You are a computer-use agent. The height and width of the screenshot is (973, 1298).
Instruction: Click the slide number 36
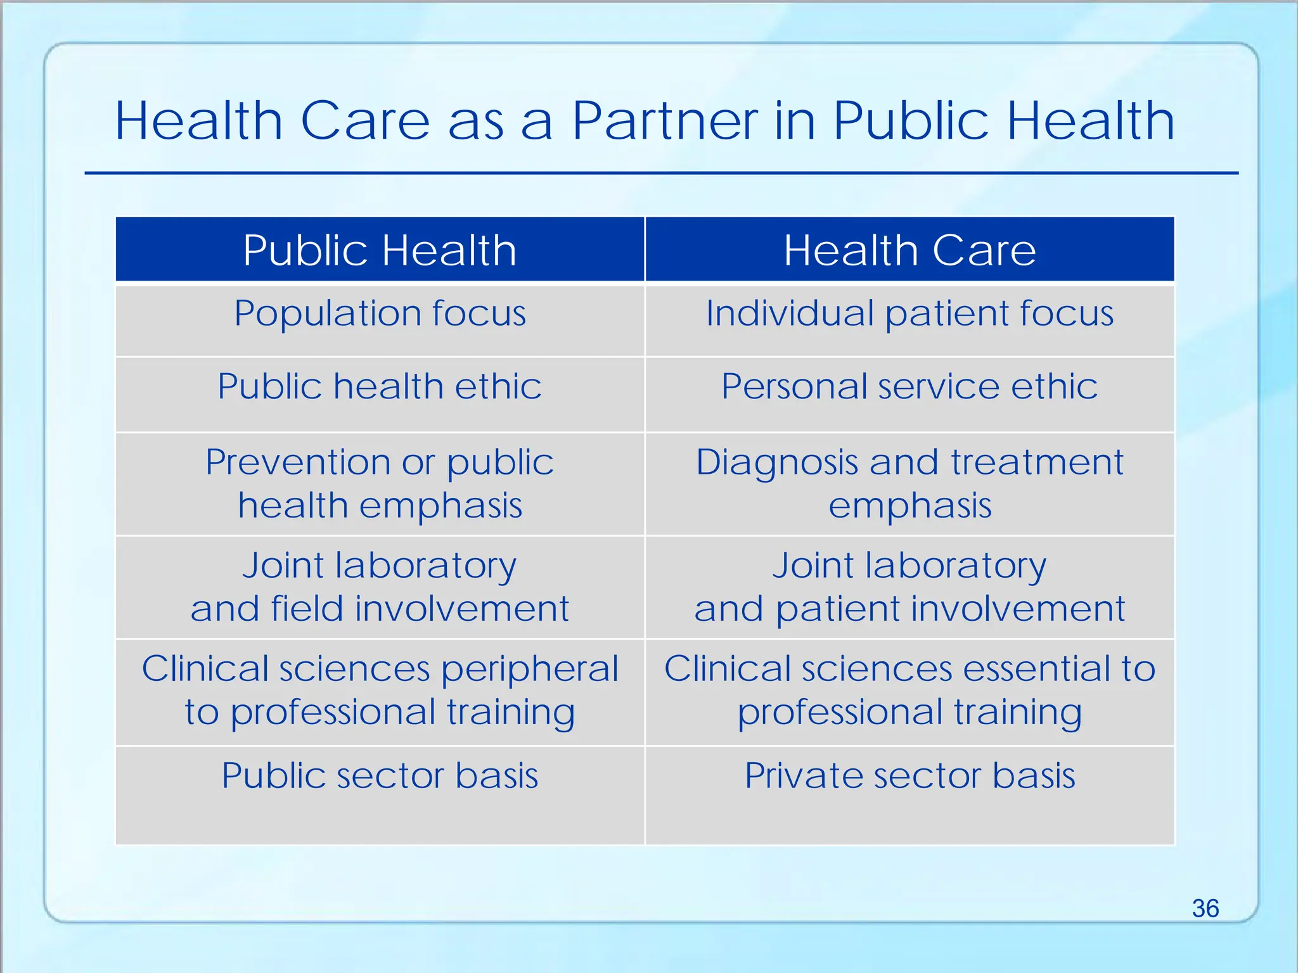pos(1205,908)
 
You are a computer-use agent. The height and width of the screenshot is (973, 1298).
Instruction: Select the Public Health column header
pos(380,250)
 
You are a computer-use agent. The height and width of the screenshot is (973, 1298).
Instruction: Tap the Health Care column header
pos(909,250)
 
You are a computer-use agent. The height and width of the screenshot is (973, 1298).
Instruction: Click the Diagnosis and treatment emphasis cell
pos(909,483)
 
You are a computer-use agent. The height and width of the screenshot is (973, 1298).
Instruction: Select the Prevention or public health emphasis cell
pos(380,483)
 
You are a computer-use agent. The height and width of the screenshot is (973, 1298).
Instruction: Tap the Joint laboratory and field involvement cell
pos(380,587)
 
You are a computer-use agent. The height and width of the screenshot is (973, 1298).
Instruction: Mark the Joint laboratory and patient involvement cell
pos(909,587)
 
